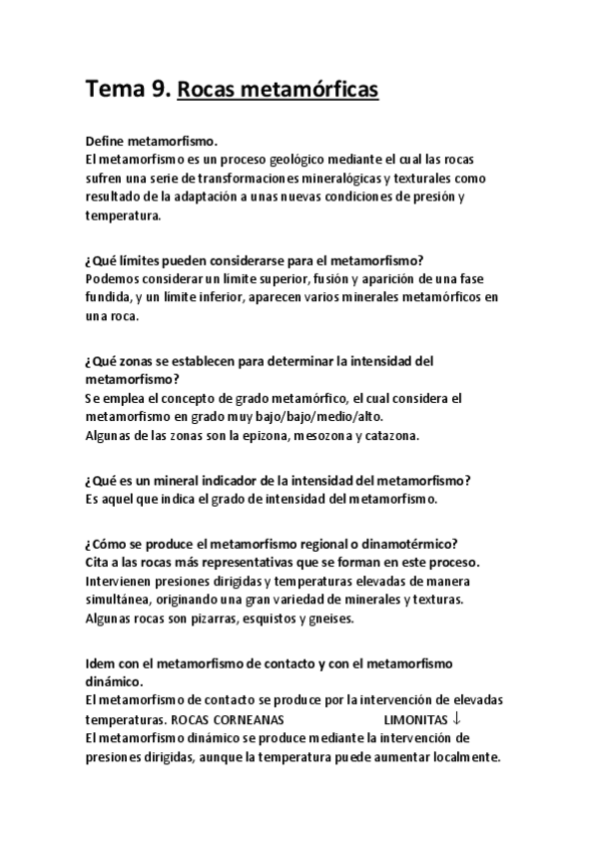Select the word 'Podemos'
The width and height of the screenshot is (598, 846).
point(113,278)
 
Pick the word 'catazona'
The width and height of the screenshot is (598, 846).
point(388,436)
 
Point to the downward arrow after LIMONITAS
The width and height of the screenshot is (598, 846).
point(456,718)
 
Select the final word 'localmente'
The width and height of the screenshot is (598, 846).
point(463,756)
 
